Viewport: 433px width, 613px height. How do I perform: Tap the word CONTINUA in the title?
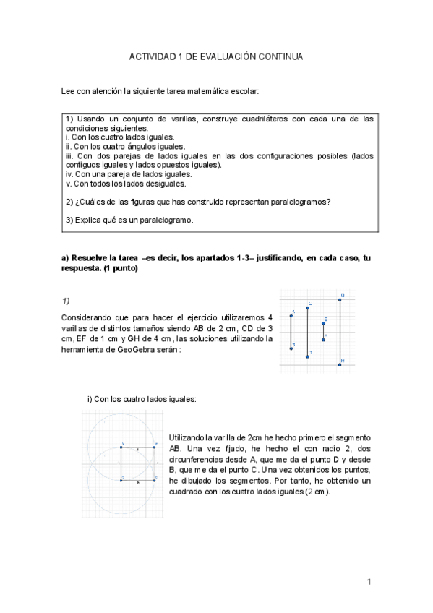[x=283, y=56]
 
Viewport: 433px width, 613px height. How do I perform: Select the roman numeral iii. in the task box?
[x=69, y=155]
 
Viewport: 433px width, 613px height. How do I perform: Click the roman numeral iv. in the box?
[x=69, y=174]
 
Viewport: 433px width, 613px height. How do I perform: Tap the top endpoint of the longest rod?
[x=340, y=299]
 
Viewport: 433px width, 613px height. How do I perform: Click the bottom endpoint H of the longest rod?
[x=340, y=365]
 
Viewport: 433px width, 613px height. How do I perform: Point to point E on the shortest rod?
[x=323, y=323]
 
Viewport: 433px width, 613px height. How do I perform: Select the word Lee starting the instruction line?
[x=67, y=92]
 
